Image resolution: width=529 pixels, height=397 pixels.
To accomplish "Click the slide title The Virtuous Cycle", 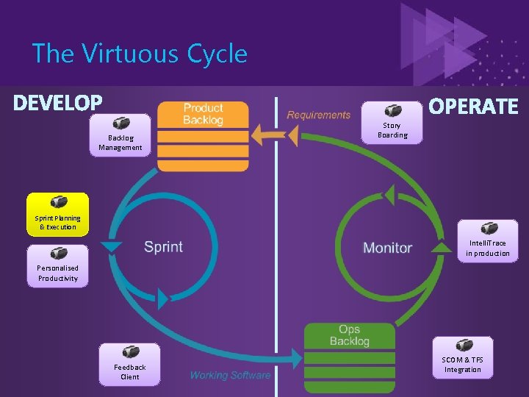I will [140, 54].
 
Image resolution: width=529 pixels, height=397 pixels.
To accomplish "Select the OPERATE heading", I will [473, 107].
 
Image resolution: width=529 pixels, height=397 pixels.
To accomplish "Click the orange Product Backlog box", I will [203, 136].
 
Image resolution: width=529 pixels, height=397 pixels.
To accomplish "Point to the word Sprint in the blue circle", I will [163, 247].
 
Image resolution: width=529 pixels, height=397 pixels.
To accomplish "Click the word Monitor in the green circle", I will [387, 248].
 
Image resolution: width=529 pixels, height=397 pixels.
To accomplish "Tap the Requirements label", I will [318, 115].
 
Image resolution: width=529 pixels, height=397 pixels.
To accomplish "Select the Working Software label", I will [230, 376].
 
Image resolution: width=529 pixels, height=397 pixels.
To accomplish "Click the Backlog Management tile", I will [120, 135].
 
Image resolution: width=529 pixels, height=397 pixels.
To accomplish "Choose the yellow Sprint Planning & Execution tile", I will [57, 214].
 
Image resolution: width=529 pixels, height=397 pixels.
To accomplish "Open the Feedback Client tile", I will [130, 364].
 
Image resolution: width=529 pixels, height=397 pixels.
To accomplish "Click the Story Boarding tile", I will [392, 122].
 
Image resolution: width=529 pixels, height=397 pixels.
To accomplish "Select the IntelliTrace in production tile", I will [487, 240].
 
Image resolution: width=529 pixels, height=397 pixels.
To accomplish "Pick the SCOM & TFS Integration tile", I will [462, 357].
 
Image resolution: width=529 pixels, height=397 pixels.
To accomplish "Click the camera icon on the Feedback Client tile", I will [130, 352].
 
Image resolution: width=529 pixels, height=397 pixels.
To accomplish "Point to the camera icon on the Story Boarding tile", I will [393, 110].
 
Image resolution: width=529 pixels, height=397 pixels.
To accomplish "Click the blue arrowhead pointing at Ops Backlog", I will [297, 360].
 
